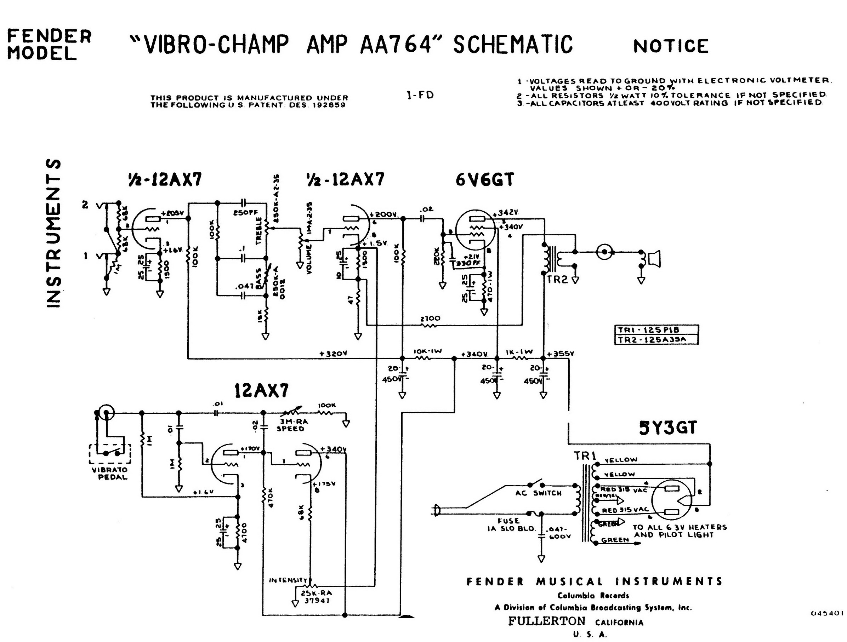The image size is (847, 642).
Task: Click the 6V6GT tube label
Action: point(484,179)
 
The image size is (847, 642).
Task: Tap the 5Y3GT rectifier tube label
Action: point(668,428)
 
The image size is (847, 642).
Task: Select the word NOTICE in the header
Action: point(671,46)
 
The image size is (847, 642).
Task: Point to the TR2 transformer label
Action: point(557,280)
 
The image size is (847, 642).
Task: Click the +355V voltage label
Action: point(561,354)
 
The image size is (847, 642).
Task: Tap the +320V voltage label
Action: point(333,354)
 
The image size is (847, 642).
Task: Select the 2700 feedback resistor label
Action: point(430,319)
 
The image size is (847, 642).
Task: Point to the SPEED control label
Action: point(290,429)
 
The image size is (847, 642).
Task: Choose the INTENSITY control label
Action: point(288,580)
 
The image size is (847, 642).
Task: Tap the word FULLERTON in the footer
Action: point(547,621)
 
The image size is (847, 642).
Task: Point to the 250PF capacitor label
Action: point(245,213)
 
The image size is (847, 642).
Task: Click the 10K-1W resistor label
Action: point(428,351)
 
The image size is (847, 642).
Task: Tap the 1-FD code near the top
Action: point(420,95)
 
